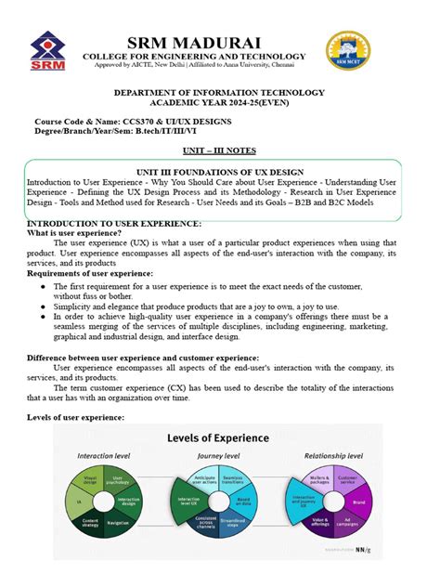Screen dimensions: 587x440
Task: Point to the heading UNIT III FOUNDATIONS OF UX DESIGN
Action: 219,173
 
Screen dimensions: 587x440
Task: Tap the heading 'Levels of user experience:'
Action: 76,418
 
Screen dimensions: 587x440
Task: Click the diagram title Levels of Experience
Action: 218,437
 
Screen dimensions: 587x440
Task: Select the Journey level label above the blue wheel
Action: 220,456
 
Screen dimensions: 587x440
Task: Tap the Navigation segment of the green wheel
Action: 120,524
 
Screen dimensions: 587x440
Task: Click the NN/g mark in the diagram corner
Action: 367,550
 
